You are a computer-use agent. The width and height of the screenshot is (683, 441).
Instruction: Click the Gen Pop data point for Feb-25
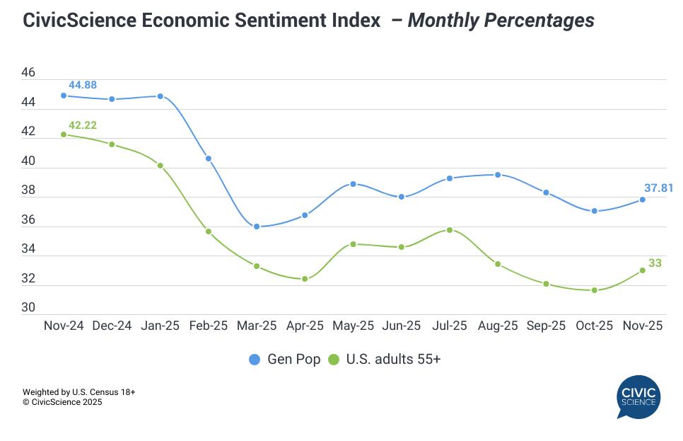point(209,159)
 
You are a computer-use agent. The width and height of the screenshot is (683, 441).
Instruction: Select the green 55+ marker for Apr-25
point(305,279)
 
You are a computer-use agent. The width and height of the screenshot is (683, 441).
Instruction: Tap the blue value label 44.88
point(82,85)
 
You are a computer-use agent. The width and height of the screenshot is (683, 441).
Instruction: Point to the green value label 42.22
point(82,125)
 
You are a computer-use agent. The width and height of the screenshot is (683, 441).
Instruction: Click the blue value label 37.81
point(658,188)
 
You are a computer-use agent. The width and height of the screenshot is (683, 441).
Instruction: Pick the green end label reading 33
point(655,263)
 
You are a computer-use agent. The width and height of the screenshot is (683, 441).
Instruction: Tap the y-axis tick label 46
point(28,73)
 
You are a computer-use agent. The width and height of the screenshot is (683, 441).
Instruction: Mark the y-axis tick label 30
point(28,308)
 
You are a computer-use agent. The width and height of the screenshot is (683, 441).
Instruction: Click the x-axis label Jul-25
point(450,326)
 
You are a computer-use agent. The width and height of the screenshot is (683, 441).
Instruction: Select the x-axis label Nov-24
point(63,326)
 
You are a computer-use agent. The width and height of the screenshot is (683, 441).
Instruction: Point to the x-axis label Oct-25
point(594,326)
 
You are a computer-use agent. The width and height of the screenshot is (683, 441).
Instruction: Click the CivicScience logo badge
point(637,397)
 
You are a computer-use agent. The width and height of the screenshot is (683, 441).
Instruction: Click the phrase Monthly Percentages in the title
point(501,21)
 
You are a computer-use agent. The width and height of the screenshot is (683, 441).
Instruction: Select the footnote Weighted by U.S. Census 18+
point(79,391)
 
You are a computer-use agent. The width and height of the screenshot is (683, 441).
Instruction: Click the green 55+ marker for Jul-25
point(450,230)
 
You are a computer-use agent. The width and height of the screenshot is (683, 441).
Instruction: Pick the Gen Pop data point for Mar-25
point(257,227)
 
